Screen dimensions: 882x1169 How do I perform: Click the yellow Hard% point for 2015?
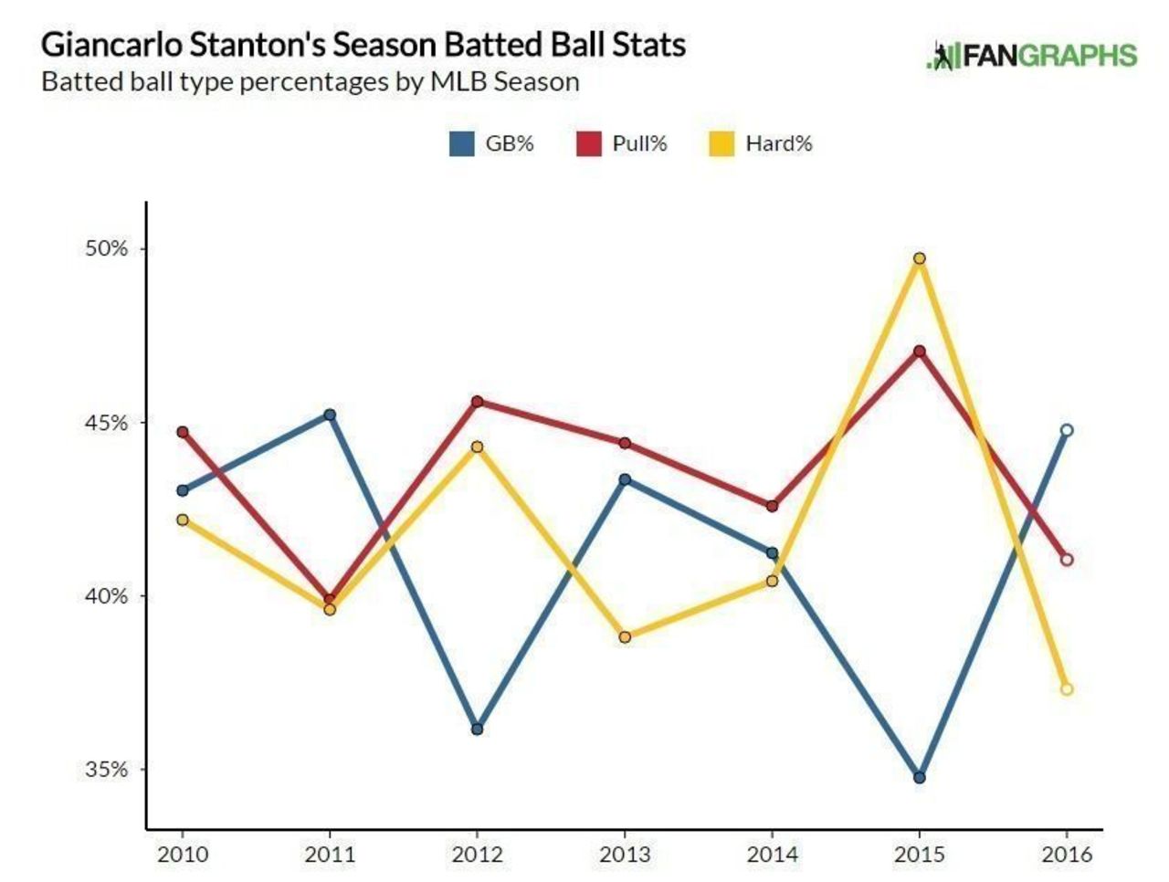pyautogui.click(x=920, y=258)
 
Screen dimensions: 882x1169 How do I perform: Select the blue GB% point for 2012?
pyautogui.click(x=477, y=729)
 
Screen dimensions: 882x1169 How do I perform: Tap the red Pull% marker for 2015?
pyautogui.click(x=920, y=351)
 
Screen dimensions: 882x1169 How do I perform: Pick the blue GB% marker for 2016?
pyautogui.click(x=1067, y=430)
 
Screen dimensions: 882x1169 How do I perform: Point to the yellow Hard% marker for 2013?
pyautogui.click(x=625, y=637)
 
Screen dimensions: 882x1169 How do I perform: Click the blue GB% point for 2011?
pyautogui.click(x=330, y=415)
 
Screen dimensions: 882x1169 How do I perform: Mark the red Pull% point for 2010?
pyautogui.click(x=183, y=432)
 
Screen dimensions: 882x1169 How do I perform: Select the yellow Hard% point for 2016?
pyautogui.click(x=1067, y=689)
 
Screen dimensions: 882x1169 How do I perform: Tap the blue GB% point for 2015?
pyautogui.click(x=920, y=778)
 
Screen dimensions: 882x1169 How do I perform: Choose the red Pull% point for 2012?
pyautogui.click(x=477, y=402)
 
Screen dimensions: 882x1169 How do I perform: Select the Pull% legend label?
pyautogui.click(x=639, y=143)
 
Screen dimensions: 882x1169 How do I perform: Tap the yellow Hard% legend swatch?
pyautogui.click(x=721, y=144)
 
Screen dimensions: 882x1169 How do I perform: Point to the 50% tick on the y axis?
pyautogui.click(x=107, y=248)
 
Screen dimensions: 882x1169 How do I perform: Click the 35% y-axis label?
pyautogui.click(x=107, y=769)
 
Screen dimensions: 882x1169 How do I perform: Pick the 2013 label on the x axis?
pyautogui.click(x=625, y=855)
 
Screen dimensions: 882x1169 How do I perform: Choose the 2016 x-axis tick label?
pyautogui.click(x=1067, y=855)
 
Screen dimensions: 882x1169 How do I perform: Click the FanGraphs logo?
pyautogui.click(x=1032, y=55)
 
